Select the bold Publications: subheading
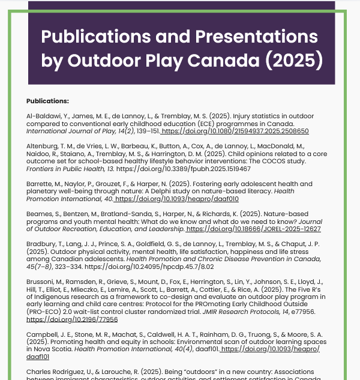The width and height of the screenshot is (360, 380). pyautogui.click(x=48, y=100)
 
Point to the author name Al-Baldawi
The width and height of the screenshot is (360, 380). pyautogui.click(x=43, y=115)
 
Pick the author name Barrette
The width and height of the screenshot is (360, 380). pyautogui.click(x=40, y=182)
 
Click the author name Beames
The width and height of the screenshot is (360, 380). pyautogui.click(x=40, y=214)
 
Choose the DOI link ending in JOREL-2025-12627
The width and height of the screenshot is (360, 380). pyautogui.click(x=254, y=229)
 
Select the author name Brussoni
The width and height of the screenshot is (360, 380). pyautogui.click(x=41, y=282)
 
